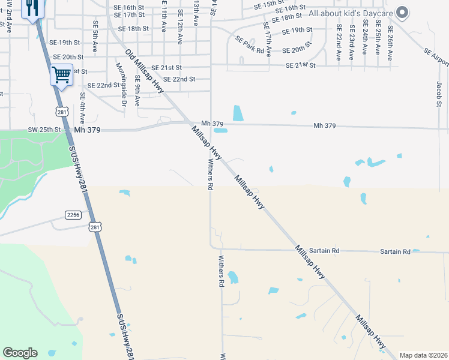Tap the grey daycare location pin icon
tap(403, 11)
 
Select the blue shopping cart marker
tap(61, 74)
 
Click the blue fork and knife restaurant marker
tap(32, 8)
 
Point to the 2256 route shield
tap(73, 215)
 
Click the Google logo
tap(20, 353)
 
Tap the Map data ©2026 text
tap(423, 355)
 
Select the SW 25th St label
tap(44, 130)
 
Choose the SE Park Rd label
tap(250, 45)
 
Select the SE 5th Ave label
tap(95, 36)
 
